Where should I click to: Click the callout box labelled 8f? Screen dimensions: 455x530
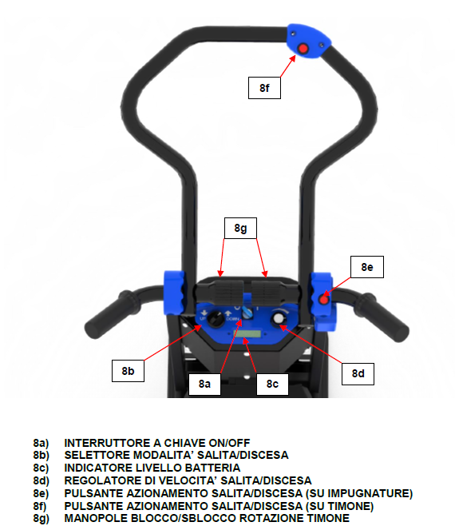[x=264, y=88]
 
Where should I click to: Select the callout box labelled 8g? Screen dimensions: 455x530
[x=240, y=228]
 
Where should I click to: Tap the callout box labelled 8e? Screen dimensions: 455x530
[x=367, y=267]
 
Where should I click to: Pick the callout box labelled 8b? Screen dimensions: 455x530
[x=128, y=371]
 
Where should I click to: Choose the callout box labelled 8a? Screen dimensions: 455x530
[x=204, y=384]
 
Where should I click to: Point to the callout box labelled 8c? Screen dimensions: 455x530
[x=272, y=384]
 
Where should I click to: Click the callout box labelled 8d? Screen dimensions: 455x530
[x=358, y=373]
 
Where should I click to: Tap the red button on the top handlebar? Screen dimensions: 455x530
[x=303, y=49]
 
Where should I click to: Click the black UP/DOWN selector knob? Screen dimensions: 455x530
[x=215, y=319]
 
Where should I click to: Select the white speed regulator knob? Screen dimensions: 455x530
[x=279, y=318]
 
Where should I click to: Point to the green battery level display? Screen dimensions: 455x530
[x=247, y=334]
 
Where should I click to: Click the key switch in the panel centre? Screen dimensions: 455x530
[x=247, y=312]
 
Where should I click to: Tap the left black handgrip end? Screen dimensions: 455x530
[x=94, y=327]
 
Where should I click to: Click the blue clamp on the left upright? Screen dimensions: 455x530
[x=174, y=293]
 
